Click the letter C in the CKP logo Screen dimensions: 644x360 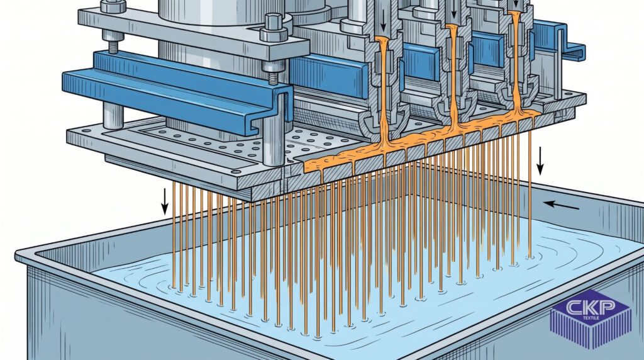point(574,307)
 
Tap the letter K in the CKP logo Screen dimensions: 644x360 point(589,307)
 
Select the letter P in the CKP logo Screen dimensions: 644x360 point(606,307)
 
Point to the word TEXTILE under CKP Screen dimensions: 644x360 point(591,318)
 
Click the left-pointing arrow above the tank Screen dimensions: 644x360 point(562,205)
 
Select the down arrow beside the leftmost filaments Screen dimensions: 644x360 point(165,201)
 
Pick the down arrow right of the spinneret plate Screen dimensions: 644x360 point(540,162)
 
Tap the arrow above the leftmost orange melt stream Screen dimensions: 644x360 point(383,21)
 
